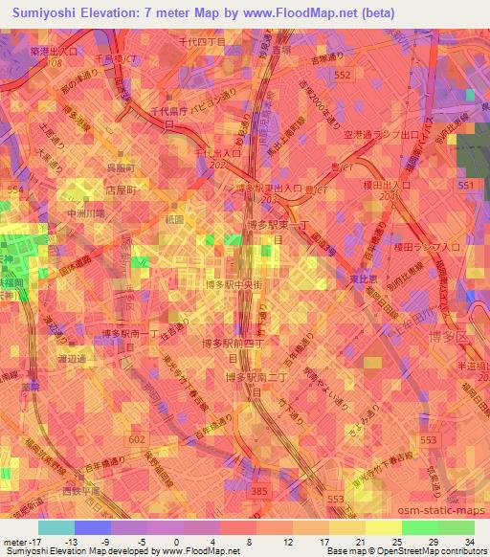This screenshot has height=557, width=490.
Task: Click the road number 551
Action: click(467, 185)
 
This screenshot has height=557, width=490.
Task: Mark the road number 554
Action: click(12, 190)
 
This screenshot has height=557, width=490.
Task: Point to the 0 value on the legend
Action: click(182, 542)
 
